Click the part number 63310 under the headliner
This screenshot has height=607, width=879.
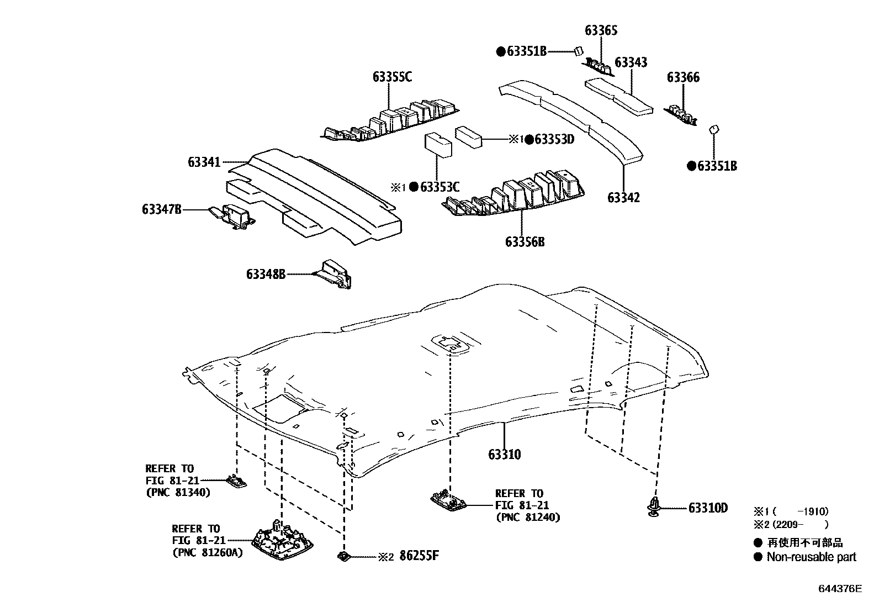point(504,455)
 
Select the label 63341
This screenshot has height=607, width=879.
point(204,162)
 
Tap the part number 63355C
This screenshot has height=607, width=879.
point(391,77)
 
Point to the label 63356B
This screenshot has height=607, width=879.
point(525,242)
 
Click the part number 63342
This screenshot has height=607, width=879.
point(623,197)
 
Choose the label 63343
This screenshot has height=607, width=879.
point(631,62)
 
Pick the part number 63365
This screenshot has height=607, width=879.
point(601,30)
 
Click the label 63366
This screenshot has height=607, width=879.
point(683,77)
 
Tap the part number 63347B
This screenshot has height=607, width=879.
point(161,209)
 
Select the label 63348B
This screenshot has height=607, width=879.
point(266,273)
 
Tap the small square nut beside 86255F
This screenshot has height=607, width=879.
point(344,557)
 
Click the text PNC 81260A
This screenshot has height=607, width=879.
point(208,552)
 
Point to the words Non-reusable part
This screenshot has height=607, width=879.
point(811,557)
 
